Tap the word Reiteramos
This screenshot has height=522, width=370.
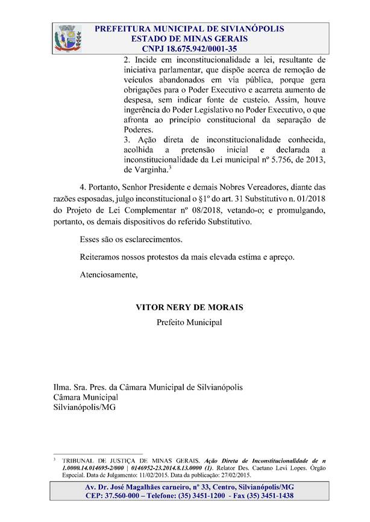point(101,257)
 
